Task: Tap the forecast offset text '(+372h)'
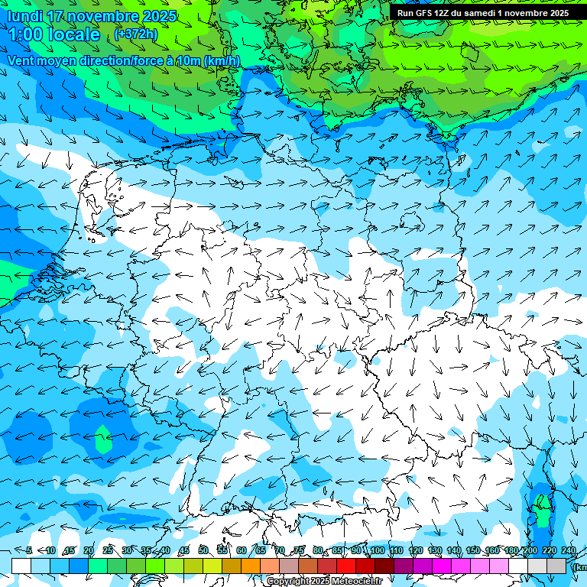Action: [x=136, y=34]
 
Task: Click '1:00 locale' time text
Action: [x=54, y=35]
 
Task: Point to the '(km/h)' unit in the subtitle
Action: [x=222, y=61]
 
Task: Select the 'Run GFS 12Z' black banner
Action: [x=482, y=13]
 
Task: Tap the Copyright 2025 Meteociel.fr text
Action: [x=324, y=582]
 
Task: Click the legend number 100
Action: [x=377, y=551]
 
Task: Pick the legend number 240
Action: [x=568, y=551]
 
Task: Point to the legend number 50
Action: [x=203, y=551]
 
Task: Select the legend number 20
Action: [x=89, y=551]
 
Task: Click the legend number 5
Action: [x=29, y=551]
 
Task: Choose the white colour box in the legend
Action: [x=21, y=566]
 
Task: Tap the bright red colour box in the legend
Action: [x=346, y=566]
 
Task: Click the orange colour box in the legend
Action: [x=251, y=566]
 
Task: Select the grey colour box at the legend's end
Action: [x=556, y=566]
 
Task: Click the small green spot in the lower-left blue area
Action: [x=102, y=441]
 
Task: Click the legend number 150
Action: [x=472, y=551]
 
